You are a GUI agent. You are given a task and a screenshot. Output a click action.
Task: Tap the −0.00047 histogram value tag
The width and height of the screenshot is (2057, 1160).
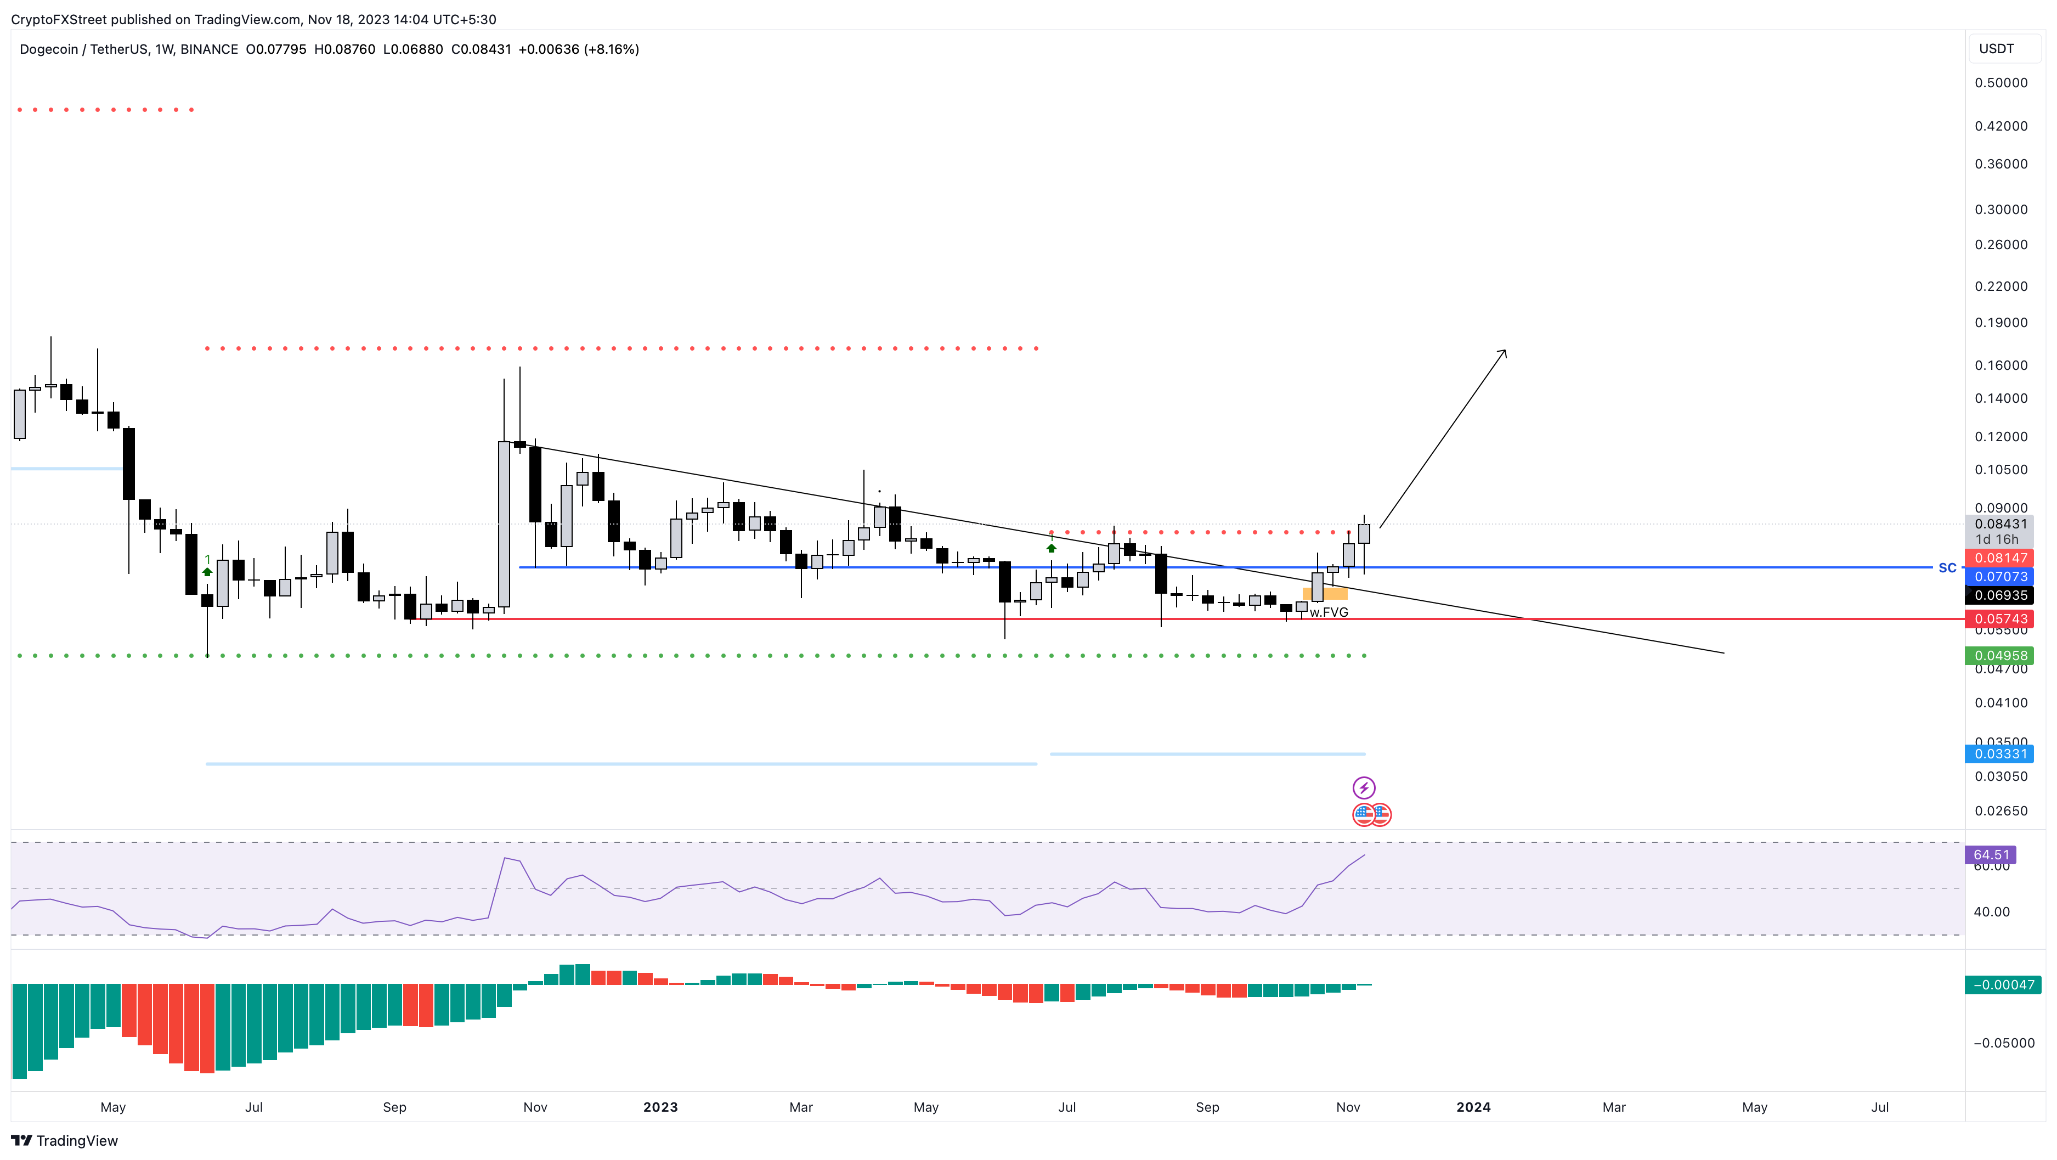point(2003,984)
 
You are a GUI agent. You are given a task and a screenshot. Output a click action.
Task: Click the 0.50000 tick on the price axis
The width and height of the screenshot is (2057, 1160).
point(2001,82)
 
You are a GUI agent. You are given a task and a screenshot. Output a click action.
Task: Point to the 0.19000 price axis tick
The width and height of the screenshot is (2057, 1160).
point(2001,322)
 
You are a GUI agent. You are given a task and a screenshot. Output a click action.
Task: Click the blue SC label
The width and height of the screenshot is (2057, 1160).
point(1947,567)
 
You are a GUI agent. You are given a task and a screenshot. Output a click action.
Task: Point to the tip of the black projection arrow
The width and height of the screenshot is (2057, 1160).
point(1505,351)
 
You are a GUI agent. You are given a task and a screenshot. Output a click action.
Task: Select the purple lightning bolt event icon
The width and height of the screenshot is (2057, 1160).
point(1364,788)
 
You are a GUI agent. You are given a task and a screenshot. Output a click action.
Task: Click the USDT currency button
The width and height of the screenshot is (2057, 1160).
point(1996,49)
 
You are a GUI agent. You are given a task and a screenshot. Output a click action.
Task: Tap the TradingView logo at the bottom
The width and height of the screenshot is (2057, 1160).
point(65,1140)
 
